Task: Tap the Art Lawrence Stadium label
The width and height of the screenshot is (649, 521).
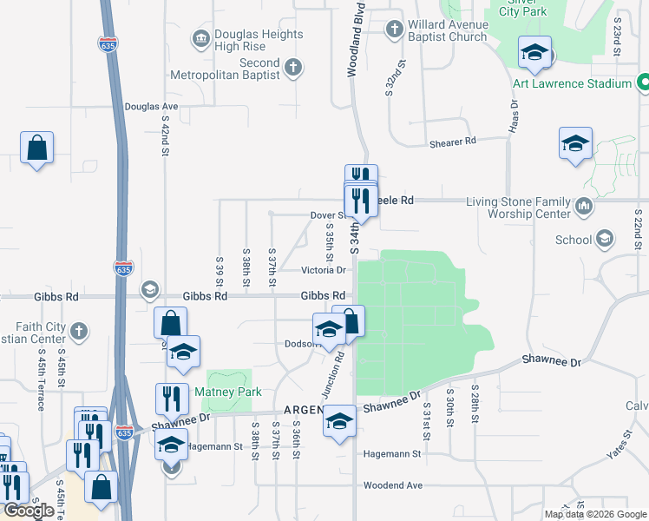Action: (x=571, y=83)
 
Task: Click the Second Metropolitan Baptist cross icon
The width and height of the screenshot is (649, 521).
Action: (x=293, y=67)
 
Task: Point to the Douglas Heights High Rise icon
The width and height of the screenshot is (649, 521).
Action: (x=201, y=37)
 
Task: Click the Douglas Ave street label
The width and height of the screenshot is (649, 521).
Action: (x=151, y=107)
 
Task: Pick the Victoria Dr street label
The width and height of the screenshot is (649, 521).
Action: (x=323, y=270)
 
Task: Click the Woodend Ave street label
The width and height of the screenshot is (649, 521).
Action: (x=392, y=485)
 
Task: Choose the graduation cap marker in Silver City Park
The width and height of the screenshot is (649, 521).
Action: (x=535, y=53)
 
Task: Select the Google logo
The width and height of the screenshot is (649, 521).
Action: (x=29, y=511)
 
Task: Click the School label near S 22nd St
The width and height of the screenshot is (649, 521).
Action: (x=573, y=239)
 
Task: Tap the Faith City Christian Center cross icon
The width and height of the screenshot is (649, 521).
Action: (x=78, y=331)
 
